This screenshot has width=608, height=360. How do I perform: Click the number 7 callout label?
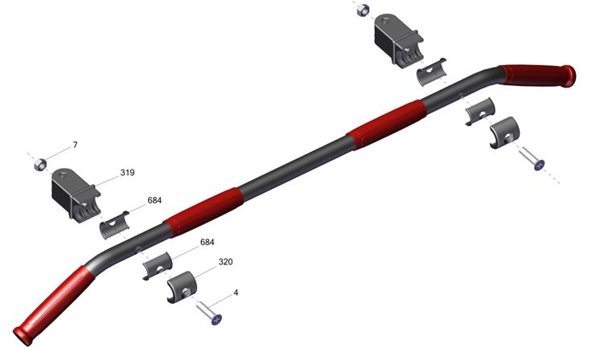tap(76, 145)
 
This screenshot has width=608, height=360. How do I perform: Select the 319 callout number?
tap(127, 173)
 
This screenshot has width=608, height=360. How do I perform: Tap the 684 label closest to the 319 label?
tap(154, 200)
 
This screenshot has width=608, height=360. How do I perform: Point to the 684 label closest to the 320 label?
tap(207, 242)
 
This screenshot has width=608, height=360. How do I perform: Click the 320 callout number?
tap(225, 262)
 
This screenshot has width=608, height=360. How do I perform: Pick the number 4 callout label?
tap(236, 292)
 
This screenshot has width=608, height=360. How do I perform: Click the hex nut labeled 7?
tap(40, 165)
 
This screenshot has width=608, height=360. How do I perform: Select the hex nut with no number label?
tap(363, 10)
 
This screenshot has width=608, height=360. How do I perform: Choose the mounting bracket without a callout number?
tap(398, 41)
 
